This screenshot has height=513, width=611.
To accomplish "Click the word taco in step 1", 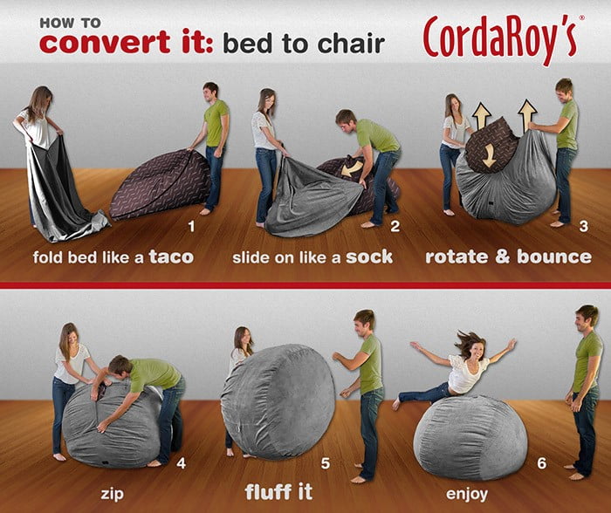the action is coord(171,256).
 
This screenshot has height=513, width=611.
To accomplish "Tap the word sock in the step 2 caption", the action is coord(369,256).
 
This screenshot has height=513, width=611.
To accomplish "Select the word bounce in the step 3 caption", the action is coord(554,256).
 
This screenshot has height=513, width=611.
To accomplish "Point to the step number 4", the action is coord(182,463).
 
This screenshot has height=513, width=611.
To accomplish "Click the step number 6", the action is coord(542,463).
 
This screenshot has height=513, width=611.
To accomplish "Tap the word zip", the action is coord(113,494).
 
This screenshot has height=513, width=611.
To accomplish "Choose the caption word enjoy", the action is coord(467,494).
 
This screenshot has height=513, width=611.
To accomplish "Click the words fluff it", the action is coord(278,491).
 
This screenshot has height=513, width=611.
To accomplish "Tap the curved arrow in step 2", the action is coord(352,168).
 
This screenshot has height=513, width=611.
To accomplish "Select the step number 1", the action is coord(191,226).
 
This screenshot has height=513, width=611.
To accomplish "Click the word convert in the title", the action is coord(105,42).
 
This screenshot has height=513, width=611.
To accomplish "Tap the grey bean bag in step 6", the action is coord(470,438).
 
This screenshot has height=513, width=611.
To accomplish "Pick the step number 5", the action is coord(326,463).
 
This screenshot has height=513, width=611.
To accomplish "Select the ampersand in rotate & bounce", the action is coord(502,257).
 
